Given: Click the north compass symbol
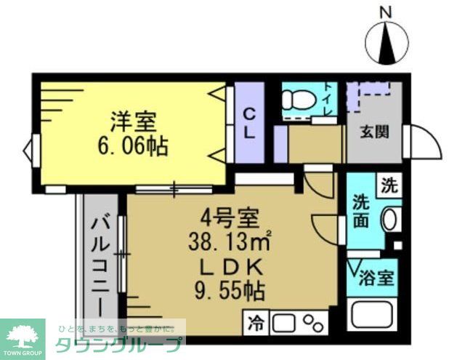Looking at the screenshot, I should click(387, 44).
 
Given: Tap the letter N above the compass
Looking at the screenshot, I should click(386, 12).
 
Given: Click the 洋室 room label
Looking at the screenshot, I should click(134, 121).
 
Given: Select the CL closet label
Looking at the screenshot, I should click(248, 124).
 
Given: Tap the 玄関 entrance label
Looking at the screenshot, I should click(375, 132).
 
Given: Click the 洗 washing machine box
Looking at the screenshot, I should click(390, 185).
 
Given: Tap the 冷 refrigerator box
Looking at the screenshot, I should click(256, 320).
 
